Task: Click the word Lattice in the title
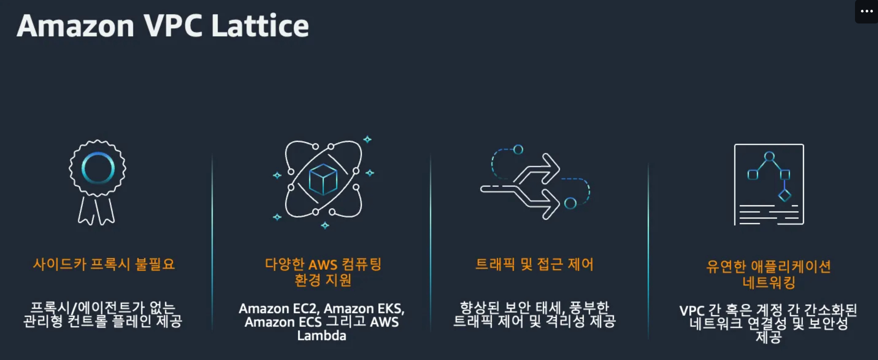click(260, 25)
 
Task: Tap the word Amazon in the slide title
click(75, 26)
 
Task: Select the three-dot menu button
click(866, 11)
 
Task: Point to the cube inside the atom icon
click(323, 180)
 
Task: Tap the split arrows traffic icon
click(535, 182)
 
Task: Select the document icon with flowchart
click(769, 185)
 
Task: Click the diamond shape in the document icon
click(785, 195)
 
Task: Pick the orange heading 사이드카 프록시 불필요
click(104, 264)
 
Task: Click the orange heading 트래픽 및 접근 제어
click(534, 264)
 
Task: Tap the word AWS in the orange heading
click(323, 265)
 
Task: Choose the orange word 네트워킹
click(768, 282)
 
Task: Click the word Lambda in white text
click(322, 336)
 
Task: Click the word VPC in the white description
click(692, 311)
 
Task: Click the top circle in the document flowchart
click(769, 157)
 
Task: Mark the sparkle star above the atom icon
click(367, 139)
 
